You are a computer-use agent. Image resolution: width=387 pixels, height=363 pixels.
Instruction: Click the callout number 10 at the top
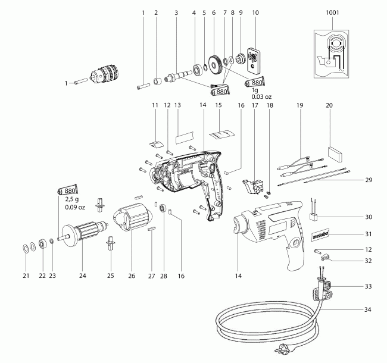tap(255, 12)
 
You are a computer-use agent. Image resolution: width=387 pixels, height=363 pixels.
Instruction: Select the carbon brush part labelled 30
tap(316, 215)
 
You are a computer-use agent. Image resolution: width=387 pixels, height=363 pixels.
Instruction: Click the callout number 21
tap(26, 275)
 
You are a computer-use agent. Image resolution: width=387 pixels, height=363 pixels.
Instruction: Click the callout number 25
tap(110, 275)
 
